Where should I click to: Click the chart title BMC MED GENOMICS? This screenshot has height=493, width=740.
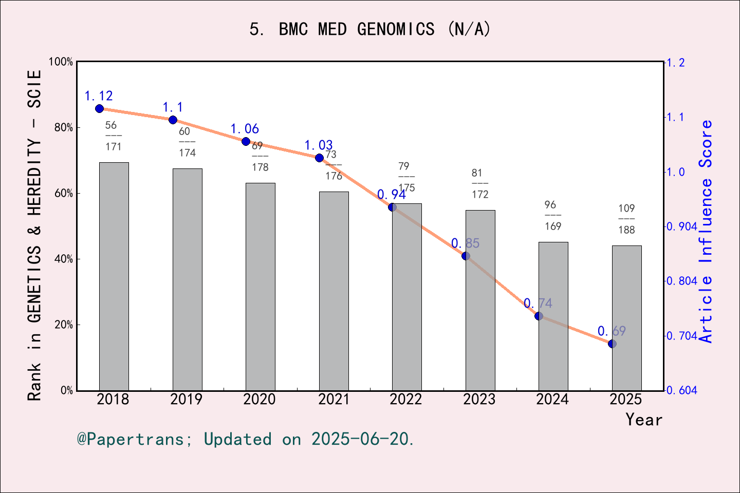tap(370, 29)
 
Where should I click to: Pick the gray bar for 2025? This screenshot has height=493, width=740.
tap(626, 318)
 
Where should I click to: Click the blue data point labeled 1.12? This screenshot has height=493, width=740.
tap(100, 108)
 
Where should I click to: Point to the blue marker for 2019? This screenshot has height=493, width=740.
tap(173, 120)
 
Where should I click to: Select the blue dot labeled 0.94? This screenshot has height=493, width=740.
tap(392, 207)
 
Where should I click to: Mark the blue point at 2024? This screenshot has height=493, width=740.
tap(539, 316)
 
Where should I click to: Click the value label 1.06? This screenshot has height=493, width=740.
tap(245, 129)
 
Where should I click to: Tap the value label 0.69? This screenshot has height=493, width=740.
tap(612, 331)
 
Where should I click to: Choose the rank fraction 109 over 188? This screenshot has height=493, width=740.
tap(626, 219)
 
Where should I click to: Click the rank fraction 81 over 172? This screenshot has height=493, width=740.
tap(480, 183)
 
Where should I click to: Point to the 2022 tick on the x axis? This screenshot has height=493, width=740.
tap(406, 399)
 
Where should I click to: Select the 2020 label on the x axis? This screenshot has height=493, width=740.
tap(260, 399)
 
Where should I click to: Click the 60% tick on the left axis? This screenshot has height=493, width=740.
tap(64, 193)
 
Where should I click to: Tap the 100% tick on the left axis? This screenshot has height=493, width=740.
tap(61, 62)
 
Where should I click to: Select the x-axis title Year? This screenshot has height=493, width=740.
tap(644, 420)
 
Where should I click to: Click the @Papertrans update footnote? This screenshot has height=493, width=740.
tap(246, 439)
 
